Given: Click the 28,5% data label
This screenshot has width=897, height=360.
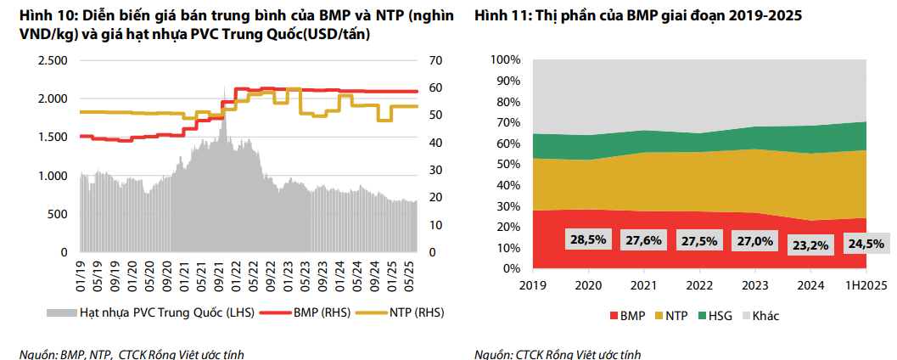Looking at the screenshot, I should coord(588,240).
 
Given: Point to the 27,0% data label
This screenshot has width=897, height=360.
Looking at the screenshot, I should coord(754,241).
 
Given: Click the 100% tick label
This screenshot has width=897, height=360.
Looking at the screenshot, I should coord(503,60).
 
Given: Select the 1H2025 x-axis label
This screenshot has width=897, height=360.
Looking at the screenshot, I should coord(865,285).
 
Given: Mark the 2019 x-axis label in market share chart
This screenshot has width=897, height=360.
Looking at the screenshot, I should coord(533,285).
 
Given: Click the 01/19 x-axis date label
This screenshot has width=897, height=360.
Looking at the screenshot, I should coord(83,271).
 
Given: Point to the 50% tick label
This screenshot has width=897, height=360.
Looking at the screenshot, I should coord(506,165).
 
